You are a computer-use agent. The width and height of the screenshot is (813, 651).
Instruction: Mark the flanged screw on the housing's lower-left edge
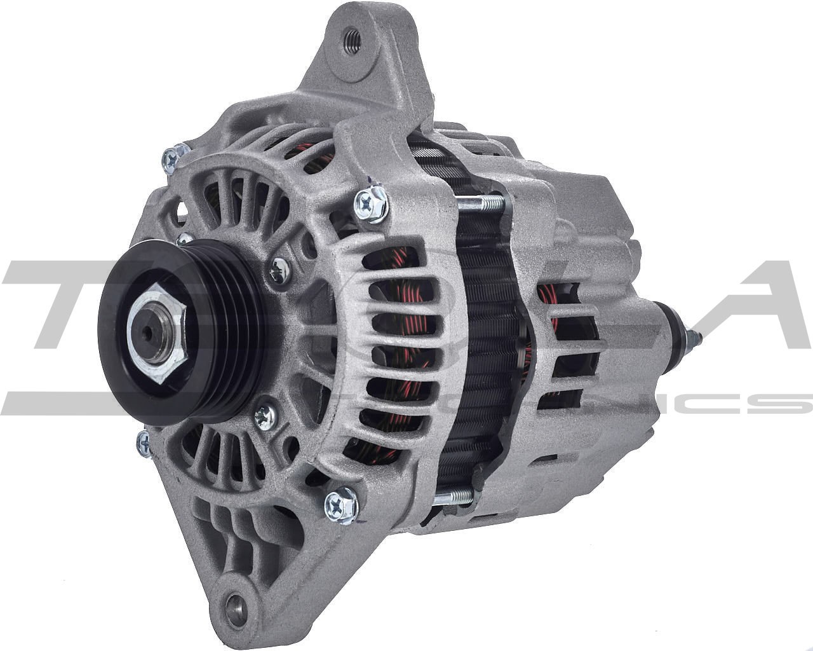pos(144,442)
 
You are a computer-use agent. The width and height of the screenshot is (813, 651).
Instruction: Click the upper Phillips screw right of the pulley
pos(278,272)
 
